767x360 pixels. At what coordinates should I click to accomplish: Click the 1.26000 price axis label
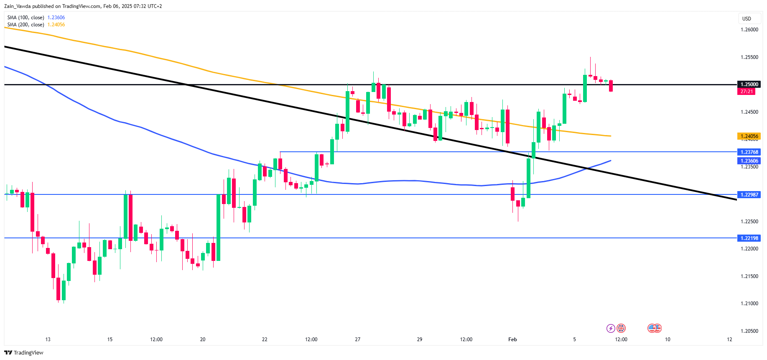click(749, 30)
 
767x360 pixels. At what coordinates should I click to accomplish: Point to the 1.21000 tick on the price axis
click(749, 304)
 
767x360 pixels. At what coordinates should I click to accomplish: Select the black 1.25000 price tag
click(749, 84)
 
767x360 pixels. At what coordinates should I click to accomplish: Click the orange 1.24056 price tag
click(749, 136)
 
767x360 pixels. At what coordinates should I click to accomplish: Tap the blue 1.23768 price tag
click(749, 152)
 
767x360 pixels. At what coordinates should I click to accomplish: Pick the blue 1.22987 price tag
click(749, 195)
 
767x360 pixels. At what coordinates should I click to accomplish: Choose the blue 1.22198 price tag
click(749, 238)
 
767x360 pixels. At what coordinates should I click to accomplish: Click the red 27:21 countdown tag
click(747, 92)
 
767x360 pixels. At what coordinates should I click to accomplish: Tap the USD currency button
click(747, 19)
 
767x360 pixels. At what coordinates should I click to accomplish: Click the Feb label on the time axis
click(512, 340)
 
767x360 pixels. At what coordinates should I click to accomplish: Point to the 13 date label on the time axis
click(48, 340)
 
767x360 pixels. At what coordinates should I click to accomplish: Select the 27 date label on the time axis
click(357, 340)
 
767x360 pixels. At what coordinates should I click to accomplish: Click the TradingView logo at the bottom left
click(24, 353)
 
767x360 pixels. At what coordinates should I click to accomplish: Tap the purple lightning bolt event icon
click(611, 329)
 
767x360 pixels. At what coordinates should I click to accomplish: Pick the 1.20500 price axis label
click(749, 331)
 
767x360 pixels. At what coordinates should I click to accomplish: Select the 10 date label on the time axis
click(668, 340)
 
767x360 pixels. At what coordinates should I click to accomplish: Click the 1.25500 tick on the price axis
click(749, 57)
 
